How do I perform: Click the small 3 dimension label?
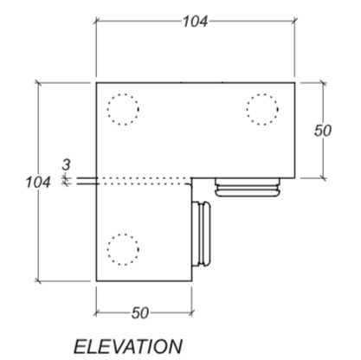pos(66,163)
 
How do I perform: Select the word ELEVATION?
pos(128,345)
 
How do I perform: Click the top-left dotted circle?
pos(122,109)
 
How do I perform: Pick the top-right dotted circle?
pos(263,109)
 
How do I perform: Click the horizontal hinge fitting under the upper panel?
pos(248,188)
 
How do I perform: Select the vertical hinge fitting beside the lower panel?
pos(203,235)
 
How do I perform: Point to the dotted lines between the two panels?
pos(143,182)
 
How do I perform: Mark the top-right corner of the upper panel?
pos(296,83)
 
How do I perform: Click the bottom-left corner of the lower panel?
pos(95,280)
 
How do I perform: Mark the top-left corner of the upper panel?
pos(95,83)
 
